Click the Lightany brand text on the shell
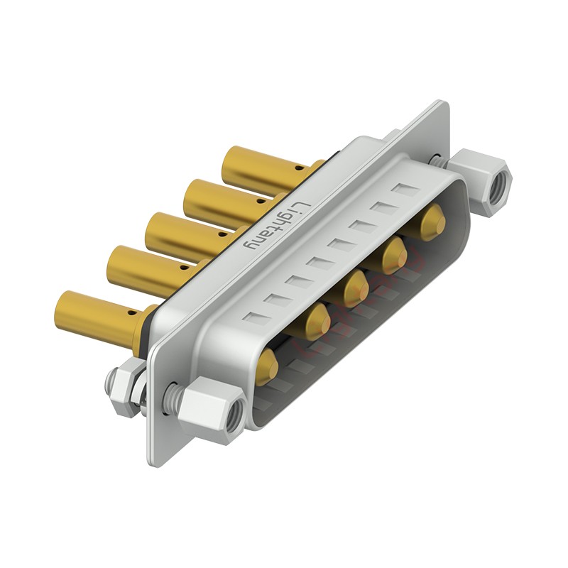pyautogui.click(x=274, y=225)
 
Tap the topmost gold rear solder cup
pyautogui.click(x=268, y=168)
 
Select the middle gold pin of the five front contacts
pyautogui.click(x=357, y=288)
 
